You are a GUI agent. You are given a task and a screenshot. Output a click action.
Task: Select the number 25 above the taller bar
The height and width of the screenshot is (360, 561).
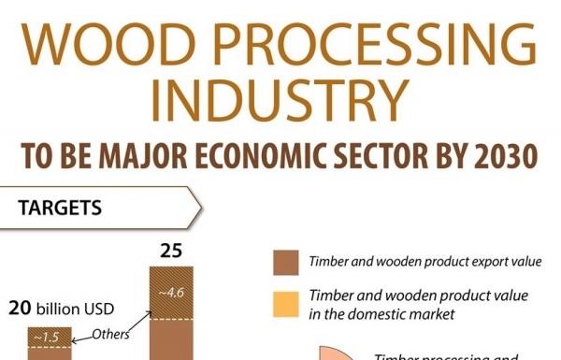(x=171, y=251)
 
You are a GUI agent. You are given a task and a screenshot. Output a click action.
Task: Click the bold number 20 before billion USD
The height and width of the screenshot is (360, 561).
(x=22, y=307)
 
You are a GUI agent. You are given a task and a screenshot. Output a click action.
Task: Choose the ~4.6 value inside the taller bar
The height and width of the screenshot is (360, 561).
(x=172, y=293)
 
